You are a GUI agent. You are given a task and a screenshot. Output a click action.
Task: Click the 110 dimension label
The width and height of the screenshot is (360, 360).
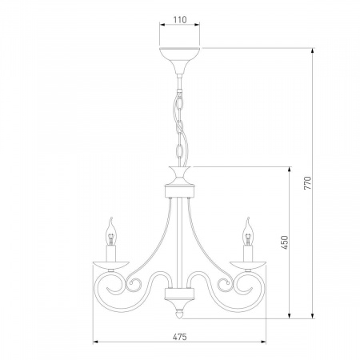pos(180,20)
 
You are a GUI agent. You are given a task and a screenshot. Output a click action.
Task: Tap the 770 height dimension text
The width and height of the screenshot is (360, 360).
pos(307,183)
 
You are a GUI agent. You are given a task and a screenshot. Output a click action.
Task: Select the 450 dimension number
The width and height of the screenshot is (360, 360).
pos(285,242)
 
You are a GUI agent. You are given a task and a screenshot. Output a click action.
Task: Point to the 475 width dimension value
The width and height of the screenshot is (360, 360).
pos(180,337)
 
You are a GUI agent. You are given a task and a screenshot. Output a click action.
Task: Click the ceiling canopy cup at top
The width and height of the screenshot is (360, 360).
pos(180,60)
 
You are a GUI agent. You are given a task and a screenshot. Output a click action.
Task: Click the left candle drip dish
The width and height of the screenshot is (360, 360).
pos(111,266)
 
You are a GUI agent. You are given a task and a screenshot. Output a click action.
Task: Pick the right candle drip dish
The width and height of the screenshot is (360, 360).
pos(248,266)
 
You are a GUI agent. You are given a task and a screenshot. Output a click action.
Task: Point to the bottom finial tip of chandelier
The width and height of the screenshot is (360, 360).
pos(180,318)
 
